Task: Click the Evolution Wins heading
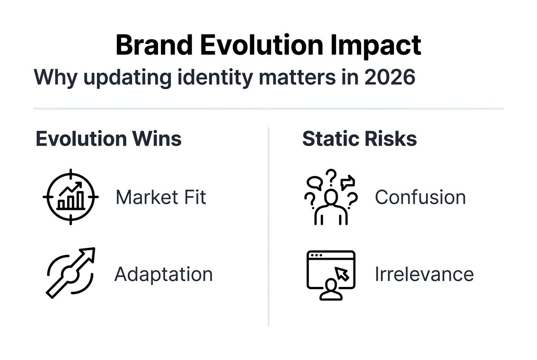pyautogui.click(x=108, y=139)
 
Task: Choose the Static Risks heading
pyautogui.click(x=359, y=139)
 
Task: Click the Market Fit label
pyautogui.click(x=161, y=197)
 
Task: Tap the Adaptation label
pyautogui.click(x=164, y=274)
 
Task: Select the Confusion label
pyautogui.click(x=420, y=197)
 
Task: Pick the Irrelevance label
pyautogui.click(x=424, y=274)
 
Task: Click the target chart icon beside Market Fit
pyautogui.click(x=71, y=197)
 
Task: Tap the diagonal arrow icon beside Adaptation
pyautogui.click(x=71, y=273)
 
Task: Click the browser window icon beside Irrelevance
pyautogui.click(x=331, y=275)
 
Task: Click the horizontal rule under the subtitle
pyautogui.click(x=268, y=109)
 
